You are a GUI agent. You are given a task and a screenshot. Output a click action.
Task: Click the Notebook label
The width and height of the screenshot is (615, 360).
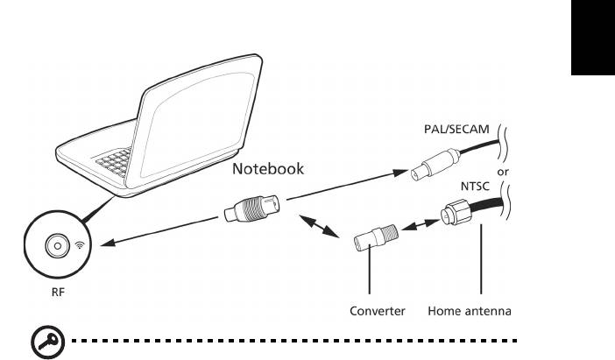(x=267, y=169)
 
